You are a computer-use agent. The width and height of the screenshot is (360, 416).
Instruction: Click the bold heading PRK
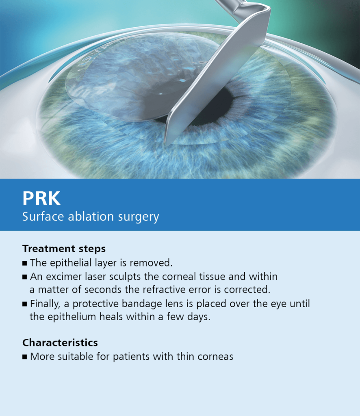click(41, 198)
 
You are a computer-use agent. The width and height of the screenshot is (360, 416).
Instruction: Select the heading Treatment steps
click(64, 249)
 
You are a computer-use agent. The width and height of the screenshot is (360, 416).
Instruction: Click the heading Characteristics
click(60, 342)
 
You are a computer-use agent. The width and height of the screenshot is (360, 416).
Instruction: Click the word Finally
click(45, 304)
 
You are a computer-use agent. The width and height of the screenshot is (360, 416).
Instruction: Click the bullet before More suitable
click(25, 357)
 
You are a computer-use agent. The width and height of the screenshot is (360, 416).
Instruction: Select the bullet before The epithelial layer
click(25, 263)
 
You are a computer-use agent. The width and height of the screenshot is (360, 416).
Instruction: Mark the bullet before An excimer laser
click(25, 277)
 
